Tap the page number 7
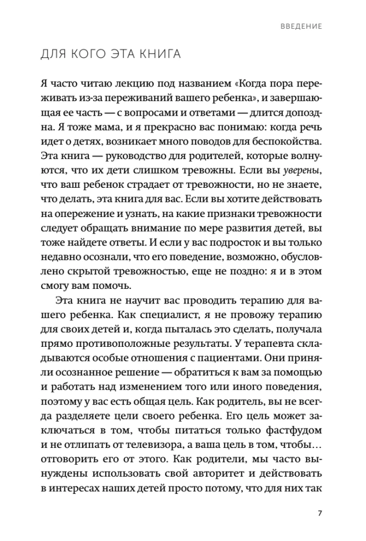pos(320,513)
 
